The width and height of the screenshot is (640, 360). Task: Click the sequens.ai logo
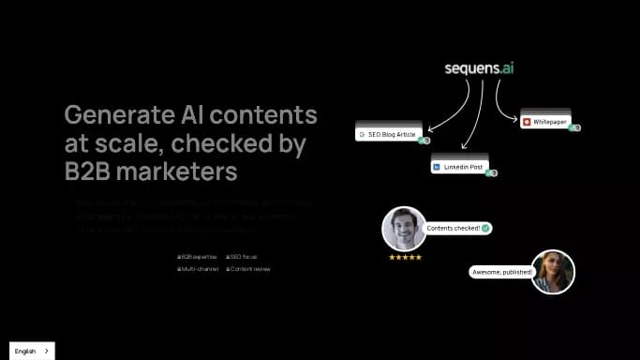(480, 68)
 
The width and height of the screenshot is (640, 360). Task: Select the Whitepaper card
(546, 122)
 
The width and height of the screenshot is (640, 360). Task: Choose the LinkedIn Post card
(460, 167)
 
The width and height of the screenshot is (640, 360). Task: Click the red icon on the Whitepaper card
(528, 122)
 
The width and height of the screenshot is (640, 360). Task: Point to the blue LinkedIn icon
(436, 167)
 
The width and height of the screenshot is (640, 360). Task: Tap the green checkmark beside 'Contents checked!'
(485, 228)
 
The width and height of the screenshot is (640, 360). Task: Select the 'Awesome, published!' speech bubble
(501, 272)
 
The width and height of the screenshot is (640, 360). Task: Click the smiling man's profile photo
(404, 228)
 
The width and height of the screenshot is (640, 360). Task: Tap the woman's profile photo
(553, 272)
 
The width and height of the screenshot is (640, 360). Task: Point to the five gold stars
(405, 257)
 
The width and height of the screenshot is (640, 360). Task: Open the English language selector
(32, 351)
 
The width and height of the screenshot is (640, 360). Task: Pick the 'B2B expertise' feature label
(199, 256)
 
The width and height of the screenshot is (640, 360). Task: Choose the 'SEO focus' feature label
(245, 256)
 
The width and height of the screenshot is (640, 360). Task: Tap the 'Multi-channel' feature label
(200, 269)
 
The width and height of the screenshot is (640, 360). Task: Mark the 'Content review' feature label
(249, 269)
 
